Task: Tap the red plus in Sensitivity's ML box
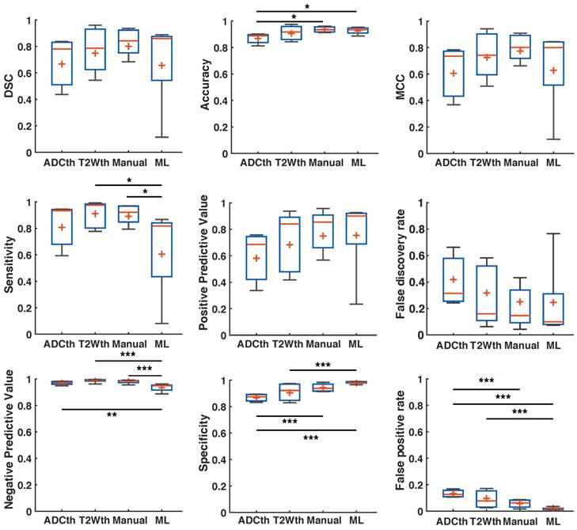(161, 254)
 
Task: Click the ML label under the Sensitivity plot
(161, 346)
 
